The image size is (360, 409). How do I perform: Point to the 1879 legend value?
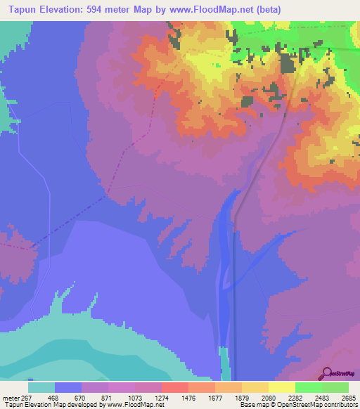pyautogui.click(x=243, y=398)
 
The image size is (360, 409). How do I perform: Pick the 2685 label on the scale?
pyautogui.click(x=349, y=398)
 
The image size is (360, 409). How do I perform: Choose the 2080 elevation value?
pyautogui.click(x=270, y=398)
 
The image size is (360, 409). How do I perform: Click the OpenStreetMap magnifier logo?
pyautogui.click(x=327, y=372)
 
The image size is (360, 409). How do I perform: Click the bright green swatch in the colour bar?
pyautogui.click(x=308, y=387)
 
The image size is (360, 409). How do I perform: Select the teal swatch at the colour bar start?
pyautogui.click(x=41, y=387)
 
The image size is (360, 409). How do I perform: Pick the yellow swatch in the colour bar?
pyautogui.click(x=281, y=387)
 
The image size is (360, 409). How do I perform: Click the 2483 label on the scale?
pyautogui.click(x=323, y=398)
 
